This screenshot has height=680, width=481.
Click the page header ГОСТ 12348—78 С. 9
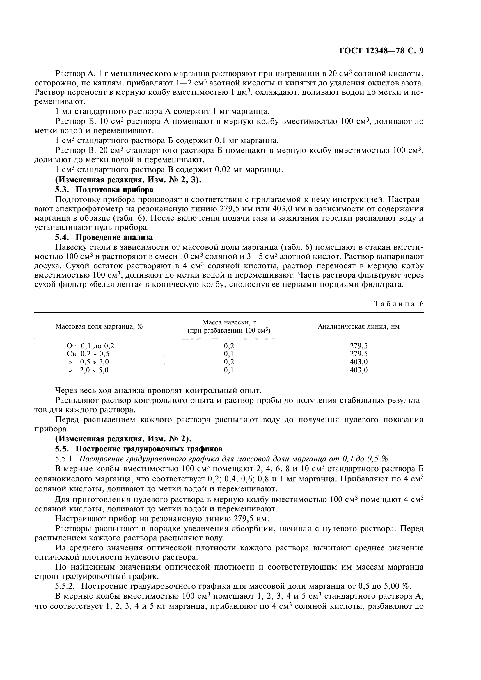381,51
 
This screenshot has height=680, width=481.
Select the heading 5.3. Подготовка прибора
104,190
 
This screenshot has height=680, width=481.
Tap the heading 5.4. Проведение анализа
104,237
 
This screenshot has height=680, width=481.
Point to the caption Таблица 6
399,304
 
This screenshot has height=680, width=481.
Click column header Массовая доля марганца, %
99,326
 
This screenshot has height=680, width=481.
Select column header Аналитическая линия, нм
358,326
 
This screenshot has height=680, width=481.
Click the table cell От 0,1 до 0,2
90,346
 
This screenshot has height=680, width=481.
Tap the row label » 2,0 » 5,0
88,370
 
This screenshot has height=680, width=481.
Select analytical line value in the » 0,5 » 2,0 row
358,362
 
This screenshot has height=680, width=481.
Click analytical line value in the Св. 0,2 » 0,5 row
358,354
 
